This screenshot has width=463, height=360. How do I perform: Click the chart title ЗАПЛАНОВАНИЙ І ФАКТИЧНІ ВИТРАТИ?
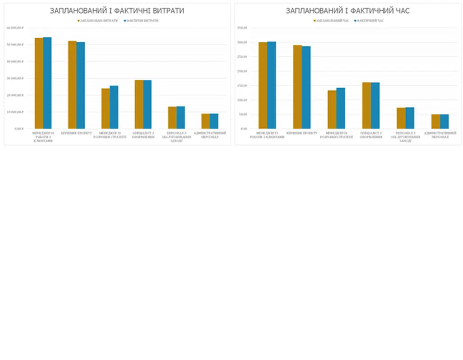(117, 11)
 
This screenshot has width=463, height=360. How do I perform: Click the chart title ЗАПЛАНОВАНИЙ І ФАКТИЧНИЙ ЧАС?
(348, 11)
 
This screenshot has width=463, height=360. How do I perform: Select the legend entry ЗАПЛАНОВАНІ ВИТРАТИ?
(99, 21)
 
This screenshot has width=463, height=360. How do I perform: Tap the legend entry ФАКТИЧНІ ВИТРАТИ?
(142, 21)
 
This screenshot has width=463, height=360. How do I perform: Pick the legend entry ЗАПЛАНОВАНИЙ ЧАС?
(332, 21)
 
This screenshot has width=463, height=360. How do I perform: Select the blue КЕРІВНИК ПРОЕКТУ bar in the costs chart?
(81, 85)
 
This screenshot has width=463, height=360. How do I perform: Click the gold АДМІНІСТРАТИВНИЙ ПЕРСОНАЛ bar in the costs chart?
(205, 121)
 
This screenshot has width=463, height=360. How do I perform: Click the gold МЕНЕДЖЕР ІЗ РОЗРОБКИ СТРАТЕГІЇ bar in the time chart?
(332, 109)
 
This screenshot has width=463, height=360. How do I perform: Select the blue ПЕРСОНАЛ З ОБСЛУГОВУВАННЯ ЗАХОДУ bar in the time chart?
(409, 118)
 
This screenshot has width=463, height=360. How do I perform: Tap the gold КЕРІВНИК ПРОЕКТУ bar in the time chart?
(297, 87)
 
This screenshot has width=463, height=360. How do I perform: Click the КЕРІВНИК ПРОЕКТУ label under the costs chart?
(77, 133)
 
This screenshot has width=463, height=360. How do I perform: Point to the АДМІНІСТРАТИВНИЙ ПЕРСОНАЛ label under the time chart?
(440, 135)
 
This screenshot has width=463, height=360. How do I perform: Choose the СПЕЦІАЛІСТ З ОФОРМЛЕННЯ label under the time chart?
(371, 135)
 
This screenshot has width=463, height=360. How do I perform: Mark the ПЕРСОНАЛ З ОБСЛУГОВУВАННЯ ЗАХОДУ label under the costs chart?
(176, 137)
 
